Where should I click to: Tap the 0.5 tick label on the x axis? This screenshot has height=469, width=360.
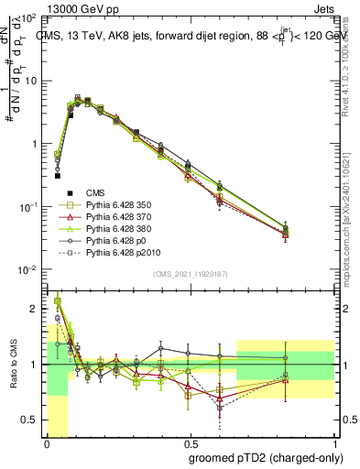[190, 442]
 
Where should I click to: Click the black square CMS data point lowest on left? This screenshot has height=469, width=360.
[57, 174]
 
